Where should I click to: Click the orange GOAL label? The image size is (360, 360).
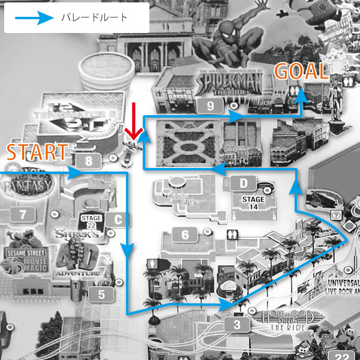pyautogui.click(x=301, y=72)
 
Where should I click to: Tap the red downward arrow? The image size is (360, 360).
pyautogui.click(x=134, y=121)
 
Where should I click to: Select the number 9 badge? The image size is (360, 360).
pyautogui.click(x=193, y=106)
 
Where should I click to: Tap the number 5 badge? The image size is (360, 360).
pyautogui.click(x=101, y=294)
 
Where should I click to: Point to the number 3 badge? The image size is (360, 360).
pyautogui.click(x=238, y=326)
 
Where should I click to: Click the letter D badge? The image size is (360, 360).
pyautogui.click(x=243, y=182)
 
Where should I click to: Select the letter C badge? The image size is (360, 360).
pyautogui.click(x=118, y=220)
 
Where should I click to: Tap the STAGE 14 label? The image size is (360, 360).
pyautogui.click(x=253, y=202)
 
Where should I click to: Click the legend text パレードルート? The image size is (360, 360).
pyautogui.click(x=95, y=17)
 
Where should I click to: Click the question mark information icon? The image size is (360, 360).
pyautogui.click(x=336, y=214)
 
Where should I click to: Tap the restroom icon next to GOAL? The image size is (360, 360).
pyautogui.click(x=293, y=90)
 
